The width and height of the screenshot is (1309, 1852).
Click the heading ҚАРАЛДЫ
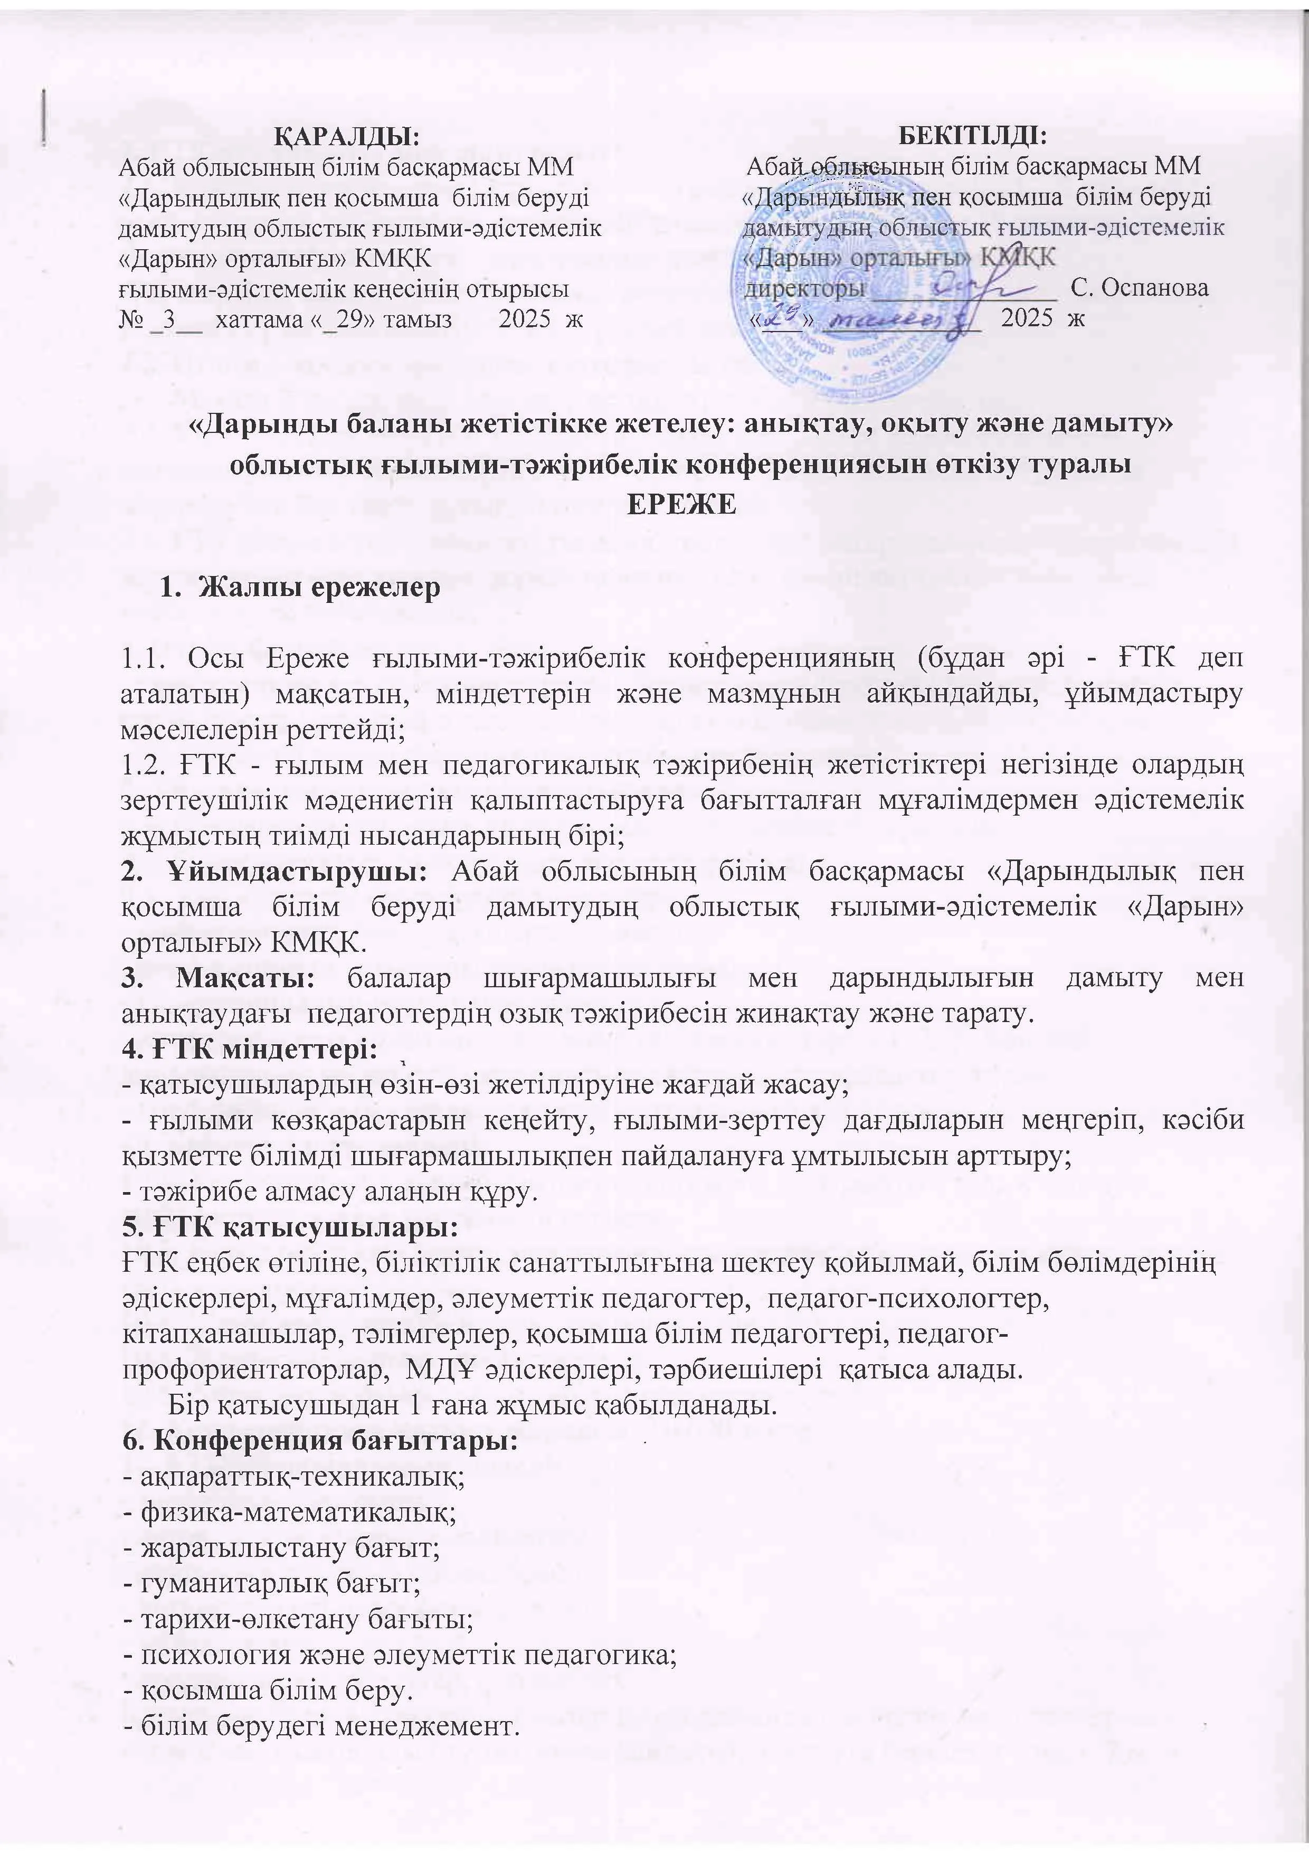(x=348, y=135)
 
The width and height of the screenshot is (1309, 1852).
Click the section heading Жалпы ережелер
(x=319, y=587)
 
